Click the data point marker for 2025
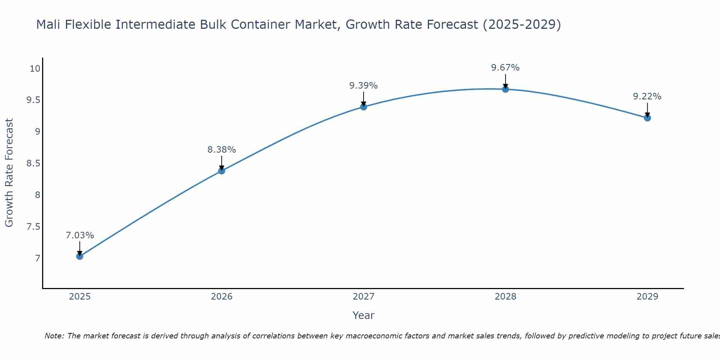80,256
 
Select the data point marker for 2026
222,171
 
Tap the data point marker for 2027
364,107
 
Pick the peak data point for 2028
505,89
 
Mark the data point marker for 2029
647,118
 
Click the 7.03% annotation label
80,235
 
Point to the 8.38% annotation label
222,150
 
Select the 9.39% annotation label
364,86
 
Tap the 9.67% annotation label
505,68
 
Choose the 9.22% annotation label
647,96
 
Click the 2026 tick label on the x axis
222,297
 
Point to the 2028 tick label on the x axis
505,297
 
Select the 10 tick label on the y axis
35,68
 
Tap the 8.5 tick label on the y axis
33,163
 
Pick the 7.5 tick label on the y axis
33,227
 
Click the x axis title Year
364,315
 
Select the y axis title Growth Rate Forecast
9,173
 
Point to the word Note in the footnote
54,336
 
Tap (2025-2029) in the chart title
522,24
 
